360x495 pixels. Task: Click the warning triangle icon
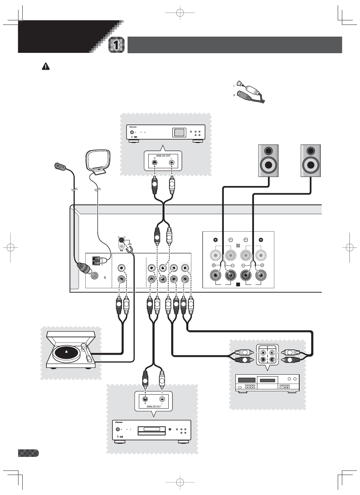coord(45,67)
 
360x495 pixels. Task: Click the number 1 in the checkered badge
coord(117,45)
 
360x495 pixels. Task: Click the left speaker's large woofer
coord(268,165)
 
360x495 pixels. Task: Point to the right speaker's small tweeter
coord(311,151)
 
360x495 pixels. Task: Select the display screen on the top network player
coord(179,132)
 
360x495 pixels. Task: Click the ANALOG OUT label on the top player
coord(163,155)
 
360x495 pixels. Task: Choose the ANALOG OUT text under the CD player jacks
coord(154,407)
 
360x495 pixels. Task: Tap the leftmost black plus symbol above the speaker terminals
coord(215,240)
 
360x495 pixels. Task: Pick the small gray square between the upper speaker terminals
coord(238,246)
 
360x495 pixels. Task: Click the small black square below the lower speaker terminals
coord(238,284)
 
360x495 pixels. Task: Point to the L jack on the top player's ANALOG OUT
coord(172,163)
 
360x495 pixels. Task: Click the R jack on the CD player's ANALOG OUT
coord(145,399)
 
